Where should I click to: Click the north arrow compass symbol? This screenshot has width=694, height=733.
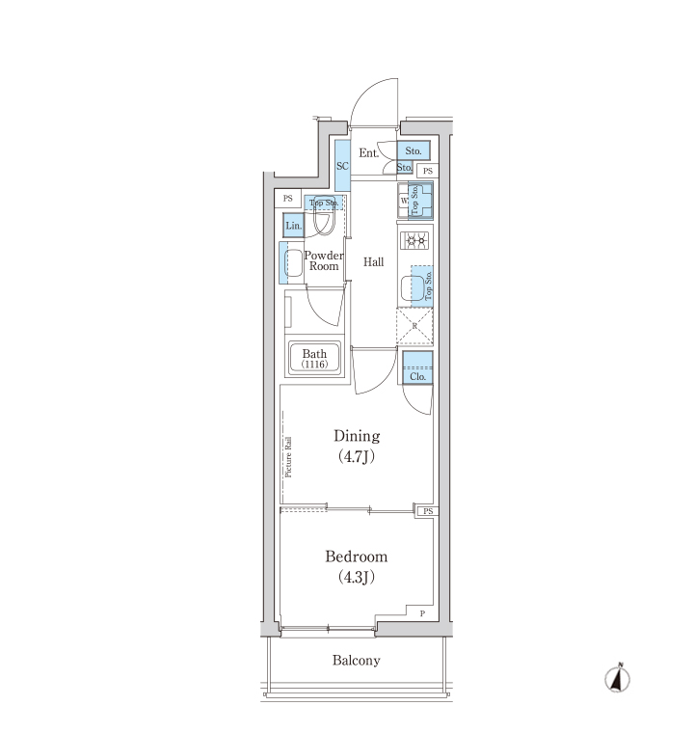click(617, 678)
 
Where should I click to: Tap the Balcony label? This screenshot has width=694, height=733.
click(356, 660)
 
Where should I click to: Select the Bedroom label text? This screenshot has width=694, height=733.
click(356, 557)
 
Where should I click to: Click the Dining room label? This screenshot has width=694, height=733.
click(357, 436)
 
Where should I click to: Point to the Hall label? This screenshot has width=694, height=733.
click(373, 261)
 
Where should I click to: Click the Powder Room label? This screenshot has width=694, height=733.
click(324, 260)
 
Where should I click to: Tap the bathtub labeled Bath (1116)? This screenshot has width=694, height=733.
click(314, 358)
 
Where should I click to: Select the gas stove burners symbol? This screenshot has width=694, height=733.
click(415, 241)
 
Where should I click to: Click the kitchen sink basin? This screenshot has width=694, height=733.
click(413, 289)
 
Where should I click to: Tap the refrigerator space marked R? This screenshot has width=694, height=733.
click(415, 326)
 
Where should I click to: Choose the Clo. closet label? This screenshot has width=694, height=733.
click(417, 376)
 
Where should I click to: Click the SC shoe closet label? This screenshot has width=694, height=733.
click(342, 166)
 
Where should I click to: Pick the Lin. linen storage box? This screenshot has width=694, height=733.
click(293, 226)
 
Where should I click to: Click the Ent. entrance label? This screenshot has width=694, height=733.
click(369, 152)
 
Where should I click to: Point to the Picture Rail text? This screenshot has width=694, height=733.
click(288, 457)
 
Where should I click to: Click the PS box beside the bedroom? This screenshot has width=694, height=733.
click(427, 511)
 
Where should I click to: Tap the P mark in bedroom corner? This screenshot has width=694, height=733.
click(422, 613)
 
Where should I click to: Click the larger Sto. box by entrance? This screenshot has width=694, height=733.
click(414, 151)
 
